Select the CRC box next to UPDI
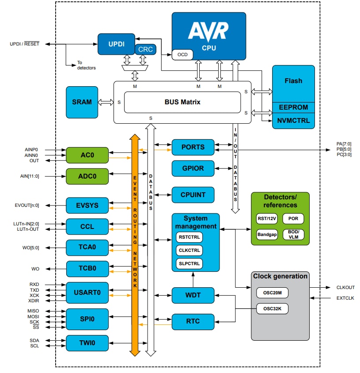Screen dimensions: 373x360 click(x=145, y=49)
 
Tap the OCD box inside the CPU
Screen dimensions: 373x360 click(x=183, y=54)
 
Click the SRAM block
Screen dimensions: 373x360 click(x=82, y=102)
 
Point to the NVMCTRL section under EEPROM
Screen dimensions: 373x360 click(x=293, y=120)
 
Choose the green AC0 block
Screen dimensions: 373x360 click(x=87, y=155)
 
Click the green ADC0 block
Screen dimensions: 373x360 click(x=87, y=176)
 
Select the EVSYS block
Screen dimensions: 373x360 click(x=87, y=206)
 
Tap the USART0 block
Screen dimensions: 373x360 click(x=87, y=292)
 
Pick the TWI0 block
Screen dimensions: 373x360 click(x=87, y=343)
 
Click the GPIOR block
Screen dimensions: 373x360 click(x=193, y=168)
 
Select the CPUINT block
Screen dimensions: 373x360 click(x=193, y=194)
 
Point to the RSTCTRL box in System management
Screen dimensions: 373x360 click(x=189, y=237)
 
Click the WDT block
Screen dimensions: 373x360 click(x=193, y=295)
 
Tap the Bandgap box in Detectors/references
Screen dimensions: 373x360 click(x=267, y=234)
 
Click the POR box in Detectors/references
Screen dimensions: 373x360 click(x=293, y=218)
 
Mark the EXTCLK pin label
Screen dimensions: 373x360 click(x=345, y=299)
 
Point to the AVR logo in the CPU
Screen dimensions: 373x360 click(x=208, y=31)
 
